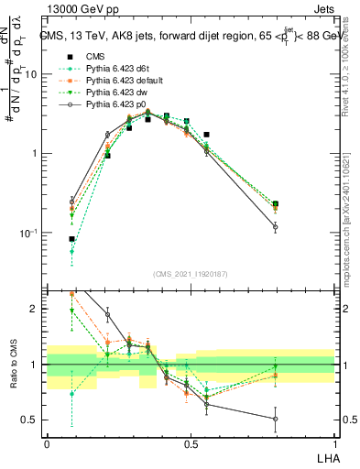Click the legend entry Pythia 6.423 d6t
[110, 70]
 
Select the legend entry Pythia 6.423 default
[117, 81]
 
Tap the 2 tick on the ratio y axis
[36, 309]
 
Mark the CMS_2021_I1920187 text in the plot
[191, 273]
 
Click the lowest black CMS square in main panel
[72, 239]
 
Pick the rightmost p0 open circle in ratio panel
[275, 419]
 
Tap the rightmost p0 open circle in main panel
[275, 226]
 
